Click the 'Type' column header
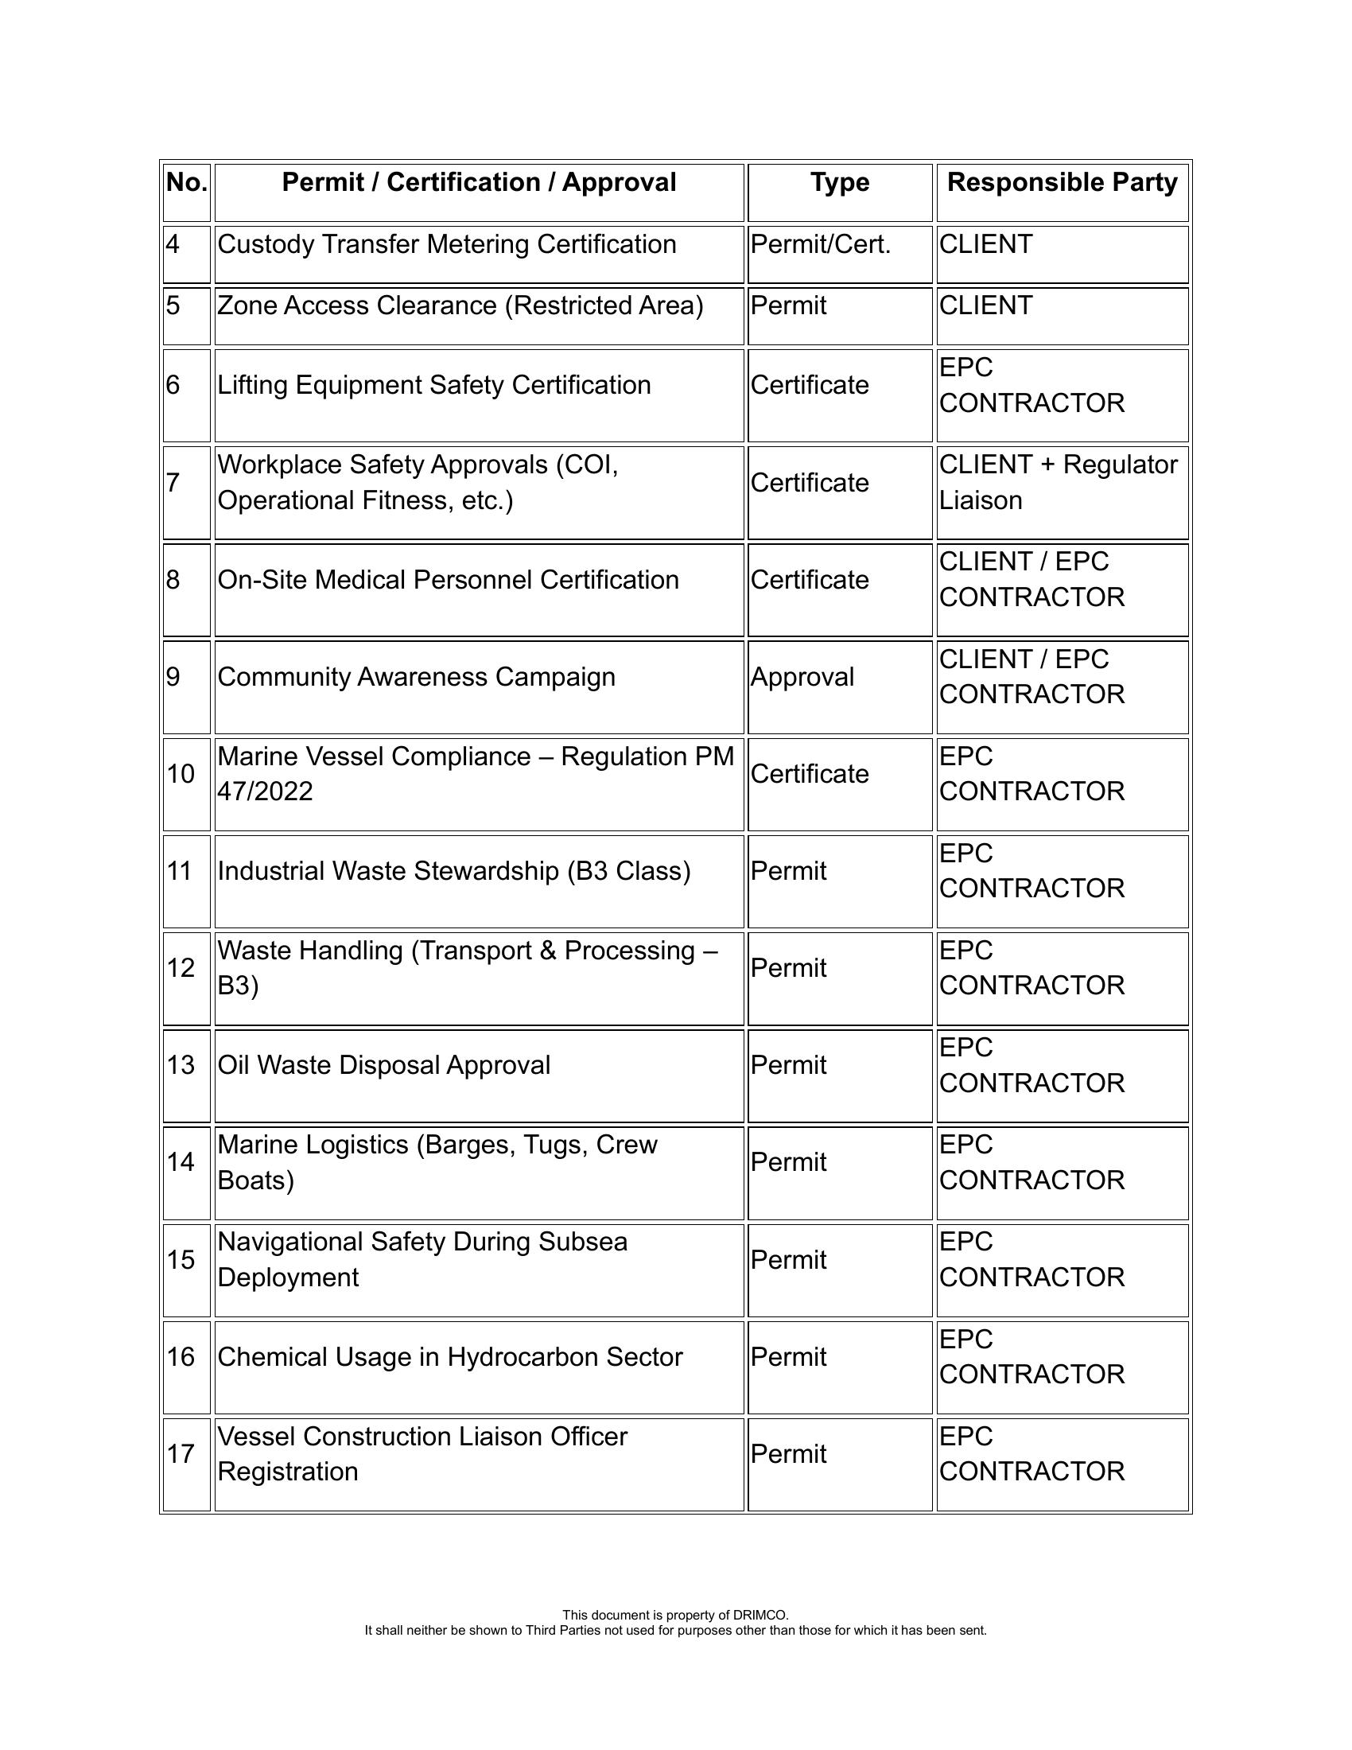point(839,184)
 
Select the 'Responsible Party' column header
point(1062,184)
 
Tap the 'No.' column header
point(187,184)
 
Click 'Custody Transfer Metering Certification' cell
point(447,245)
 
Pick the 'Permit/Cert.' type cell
point(820,245)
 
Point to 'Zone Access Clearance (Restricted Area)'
point(460,306)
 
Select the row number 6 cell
point(174,386)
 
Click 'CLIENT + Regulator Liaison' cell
point(1058,482)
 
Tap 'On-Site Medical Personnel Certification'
point(448,580)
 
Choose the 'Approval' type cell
point(802,677)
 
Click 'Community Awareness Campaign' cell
point(417,677)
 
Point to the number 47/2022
point(265,791)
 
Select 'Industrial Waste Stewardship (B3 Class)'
point(454,871)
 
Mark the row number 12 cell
point(181,968)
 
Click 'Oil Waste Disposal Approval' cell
point(383,1066)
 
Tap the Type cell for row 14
point(789,1163)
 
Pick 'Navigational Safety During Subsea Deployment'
point(422,1260)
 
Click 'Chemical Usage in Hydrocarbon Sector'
point(450,1357)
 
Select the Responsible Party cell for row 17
point(1031,1454)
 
